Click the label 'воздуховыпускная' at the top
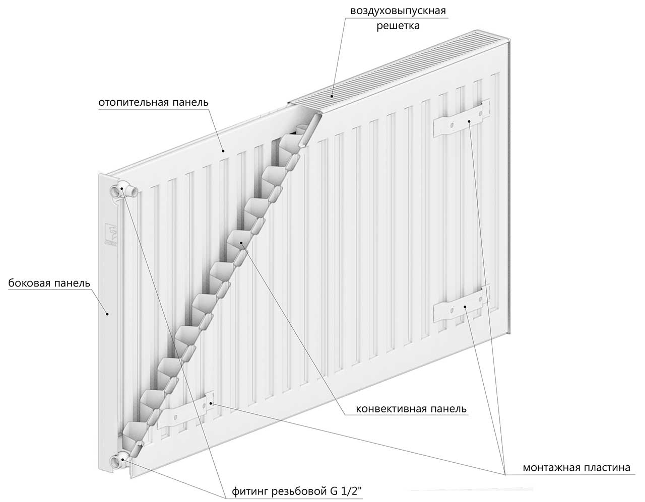398,11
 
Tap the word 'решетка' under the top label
398,26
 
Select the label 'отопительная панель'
153,102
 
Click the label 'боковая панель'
49,283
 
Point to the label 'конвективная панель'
411,408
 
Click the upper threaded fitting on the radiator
123,191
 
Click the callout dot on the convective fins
242,243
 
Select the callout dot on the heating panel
222,150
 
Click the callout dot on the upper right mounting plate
469,121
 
